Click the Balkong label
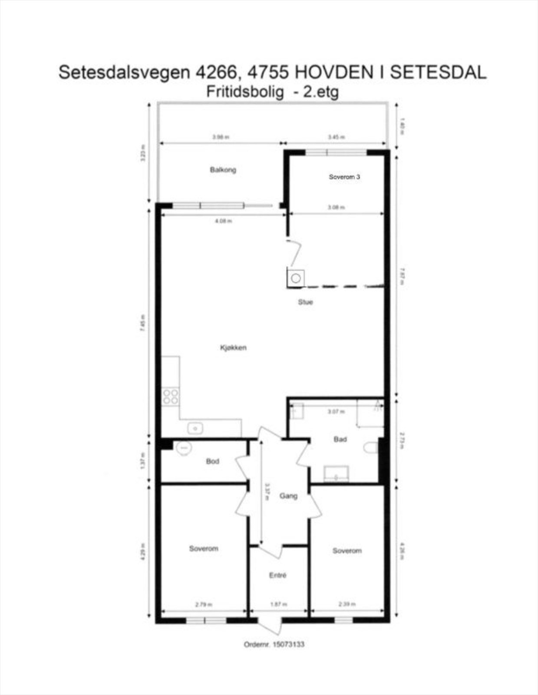(x=223, y=169)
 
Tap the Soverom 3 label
(x=344, y=177)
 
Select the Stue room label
(x=305, y=302)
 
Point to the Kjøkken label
(x=233, y=347)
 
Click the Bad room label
(x=340, y=440)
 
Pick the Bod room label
(x=212, y=461)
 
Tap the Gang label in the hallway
(x=288, y=496)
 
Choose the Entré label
(x=278, y=575)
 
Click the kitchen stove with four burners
(x=170, y=397)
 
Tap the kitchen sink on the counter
(x=195, y=429)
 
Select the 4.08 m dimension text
(x=224, y=221)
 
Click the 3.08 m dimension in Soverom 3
(x=336, y=208)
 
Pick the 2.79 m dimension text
(x=203, y=604)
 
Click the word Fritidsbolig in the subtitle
(x=245, y=92)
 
